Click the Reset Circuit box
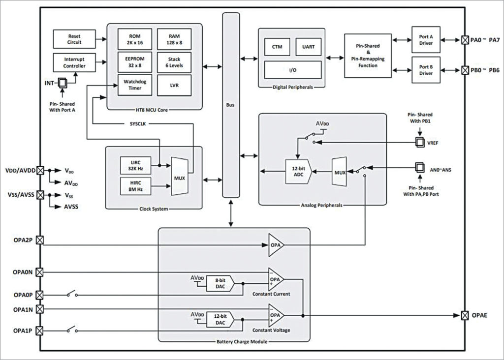75,39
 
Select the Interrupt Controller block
75,62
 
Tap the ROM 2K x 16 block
134,39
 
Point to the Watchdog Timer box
134,85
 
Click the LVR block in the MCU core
174,85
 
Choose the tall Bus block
230,105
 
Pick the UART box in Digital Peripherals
309,47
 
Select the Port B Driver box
426,69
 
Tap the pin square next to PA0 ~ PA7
464,39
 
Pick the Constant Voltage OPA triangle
276,314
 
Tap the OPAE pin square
464,315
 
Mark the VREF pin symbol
419,143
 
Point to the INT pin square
62,84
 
